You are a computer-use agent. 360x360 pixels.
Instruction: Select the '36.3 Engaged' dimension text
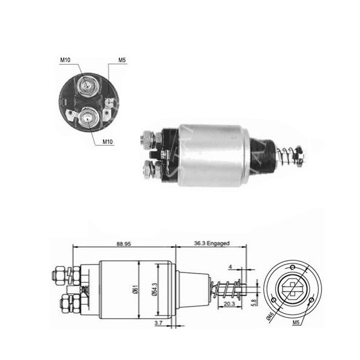coord(212,244)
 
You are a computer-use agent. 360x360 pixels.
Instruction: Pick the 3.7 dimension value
coord(158,323)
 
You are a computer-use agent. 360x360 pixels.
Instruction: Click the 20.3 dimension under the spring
coord(230,304)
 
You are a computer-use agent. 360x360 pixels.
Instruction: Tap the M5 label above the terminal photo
coord(121,59)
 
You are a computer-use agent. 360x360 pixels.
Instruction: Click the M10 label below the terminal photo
coord(107,142)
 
